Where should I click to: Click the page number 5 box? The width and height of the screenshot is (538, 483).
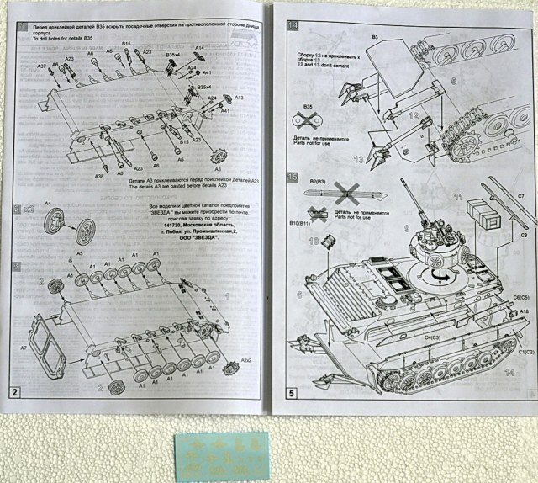291,392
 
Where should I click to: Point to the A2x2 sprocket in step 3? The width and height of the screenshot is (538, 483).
234,367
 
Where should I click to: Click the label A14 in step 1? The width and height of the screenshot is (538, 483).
200,48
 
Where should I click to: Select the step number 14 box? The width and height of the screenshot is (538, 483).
293,25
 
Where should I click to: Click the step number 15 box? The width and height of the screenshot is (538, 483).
293,177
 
